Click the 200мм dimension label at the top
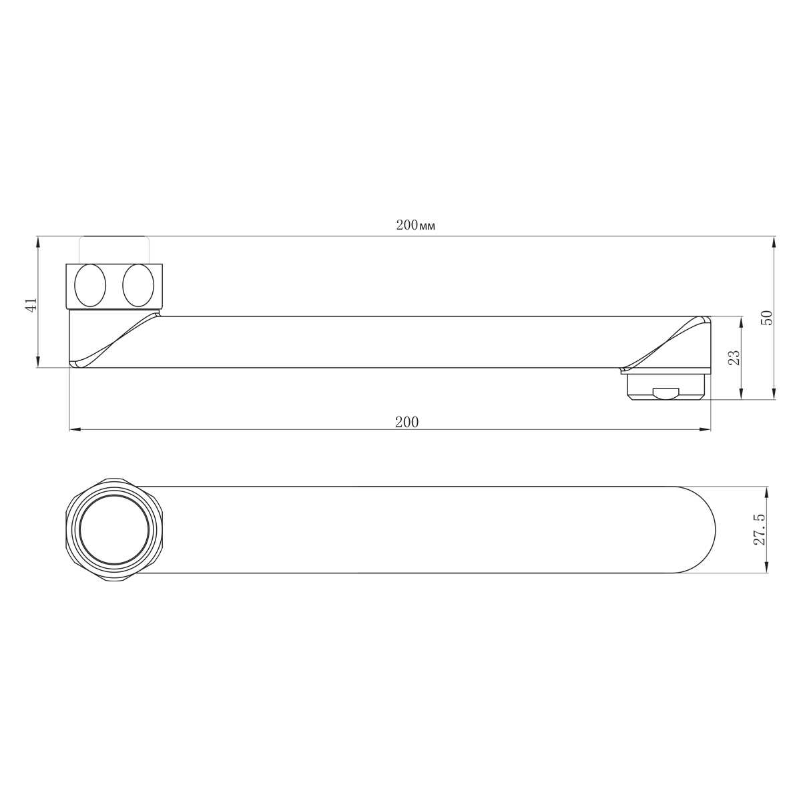coord(415,226)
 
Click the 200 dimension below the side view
coord(407,423)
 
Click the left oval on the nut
coord(90,286)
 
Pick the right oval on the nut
coord(138,286)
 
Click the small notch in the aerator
coord(665,394)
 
